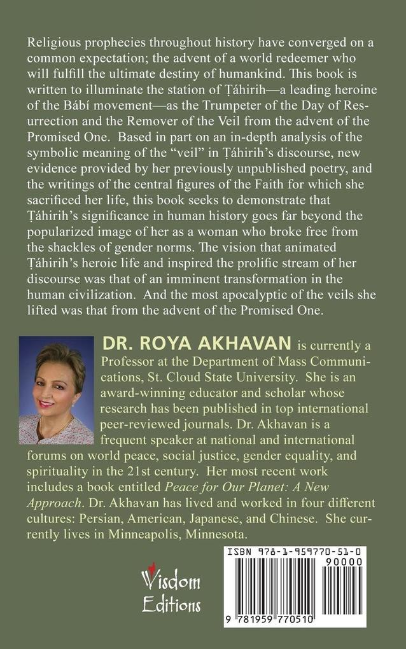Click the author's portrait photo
pos(56,389)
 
